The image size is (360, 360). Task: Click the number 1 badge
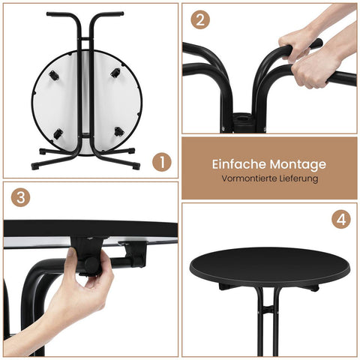(x=161, y=161)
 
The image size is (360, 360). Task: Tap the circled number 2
(x=199, y=20)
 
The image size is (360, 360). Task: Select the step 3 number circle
(x=21, y=199)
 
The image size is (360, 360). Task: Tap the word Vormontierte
(x=247, y=179)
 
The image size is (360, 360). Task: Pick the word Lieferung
(x=297, y=179)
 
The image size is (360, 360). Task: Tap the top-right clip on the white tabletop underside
(x=115, y=73)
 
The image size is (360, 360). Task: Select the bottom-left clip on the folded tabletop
(x=58, y=134)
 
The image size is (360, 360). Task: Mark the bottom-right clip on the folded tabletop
(x=118, y=131)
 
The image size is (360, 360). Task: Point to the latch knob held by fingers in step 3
(x=89, y=265)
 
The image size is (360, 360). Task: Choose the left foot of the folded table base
(x=37, y=165)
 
